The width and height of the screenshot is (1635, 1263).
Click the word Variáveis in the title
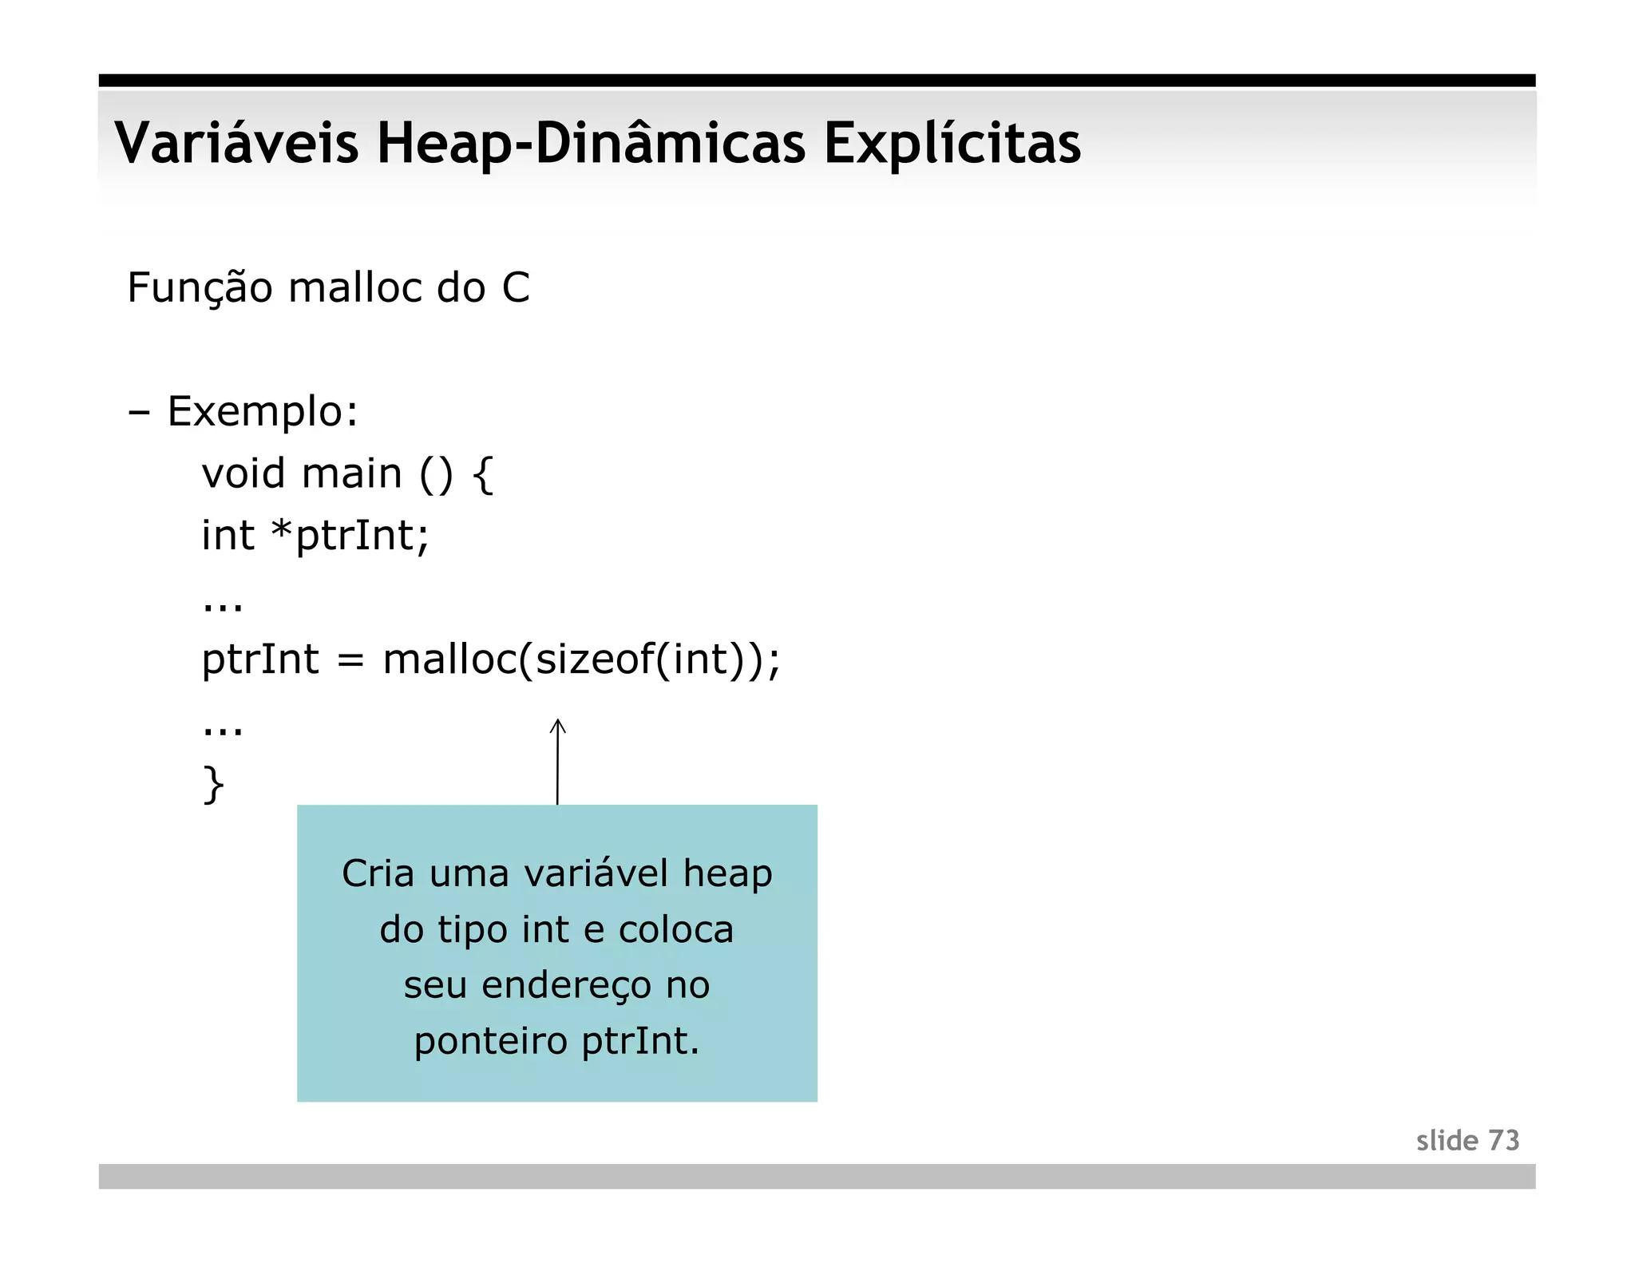(236, 144)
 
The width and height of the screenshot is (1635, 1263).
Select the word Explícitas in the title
(952, 144)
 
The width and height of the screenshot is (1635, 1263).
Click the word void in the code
(243, 473)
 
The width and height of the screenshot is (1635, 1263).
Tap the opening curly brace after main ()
(482, 474)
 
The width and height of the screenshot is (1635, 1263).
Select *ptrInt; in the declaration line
(350, 536)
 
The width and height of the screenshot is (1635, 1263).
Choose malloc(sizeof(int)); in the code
(581, 660)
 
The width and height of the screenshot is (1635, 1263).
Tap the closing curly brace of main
(213, 784)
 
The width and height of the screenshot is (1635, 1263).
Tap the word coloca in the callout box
(675, 929)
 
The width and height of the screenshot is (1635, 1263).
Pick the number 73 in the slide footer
(1503, 1141)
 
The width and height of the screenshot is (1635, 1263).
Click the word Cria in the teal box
(378, 873)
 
